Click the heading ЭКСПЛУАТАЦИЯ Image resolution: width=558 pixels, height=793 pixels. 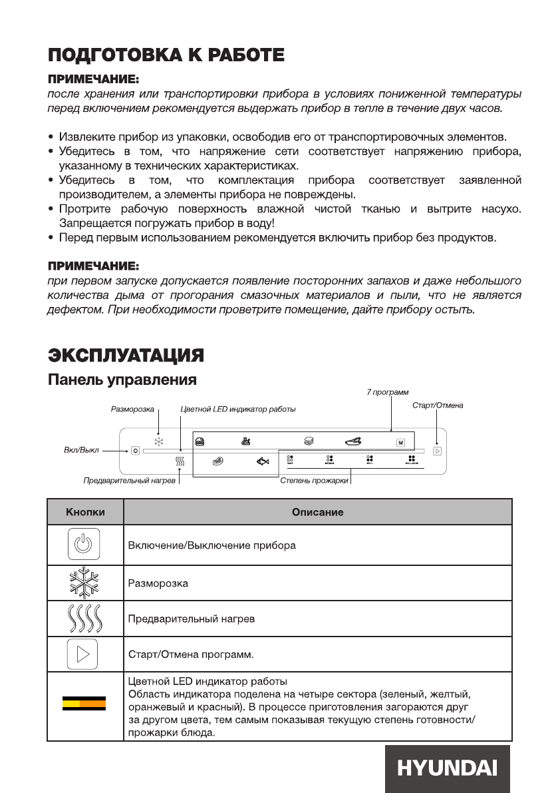pyautogui.click(x=125, y=354)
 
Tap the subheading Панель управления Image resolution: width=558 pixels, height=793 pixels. pyautogui.click(x=121, y=380)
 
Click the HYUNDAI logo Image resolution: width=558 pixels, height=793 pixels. pyautogui.click(x=447, y=768)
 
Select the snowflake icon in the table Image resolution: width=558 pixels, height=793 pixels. pyautogui.click(x=84, y=583)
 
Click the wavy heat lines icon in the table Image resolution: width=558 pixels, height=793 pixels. pyautogui.click(x=84, y=619)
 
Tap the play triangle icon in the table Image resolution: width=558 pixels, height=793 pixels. pyautogui.click(x=84, y=655)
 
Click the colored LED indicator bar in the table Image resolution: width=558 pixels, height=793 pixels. pyautogui.click(x=84, y=704)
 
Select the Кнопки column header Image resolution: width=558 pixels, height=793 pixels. pyautogui.click(x=84, y=512)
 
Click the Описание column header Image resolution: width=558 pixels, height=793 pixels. pyautogui.click(x=317, y=512)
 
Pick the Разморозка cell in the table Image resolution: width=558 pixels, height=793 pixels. pyautogui.click(x=158, y=583)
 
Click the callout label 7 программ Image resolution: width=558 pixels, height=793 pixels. pyautogui.click(x=388, y=393)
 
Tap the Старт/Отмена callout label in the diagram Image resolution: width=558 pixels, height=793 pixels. pyautogui.click(x=438, y=405)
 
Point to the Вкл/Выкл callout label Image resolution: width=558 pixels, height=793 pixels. pyautogui.click(x=76, y=450)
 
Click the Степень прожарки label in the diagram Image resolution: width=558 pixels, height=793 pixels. pyautogui.click(x=313, y=480)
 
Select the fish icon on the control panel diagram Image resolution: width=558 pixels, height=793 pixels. pyautogui.click(x=264, y=460)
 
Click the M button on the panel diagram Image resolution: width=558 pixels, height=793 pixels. pyautogui.click(x=401, y=441)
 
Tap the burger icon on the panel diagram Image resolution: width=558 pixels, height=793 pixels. pyautogui.click(x=199, y=441)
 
